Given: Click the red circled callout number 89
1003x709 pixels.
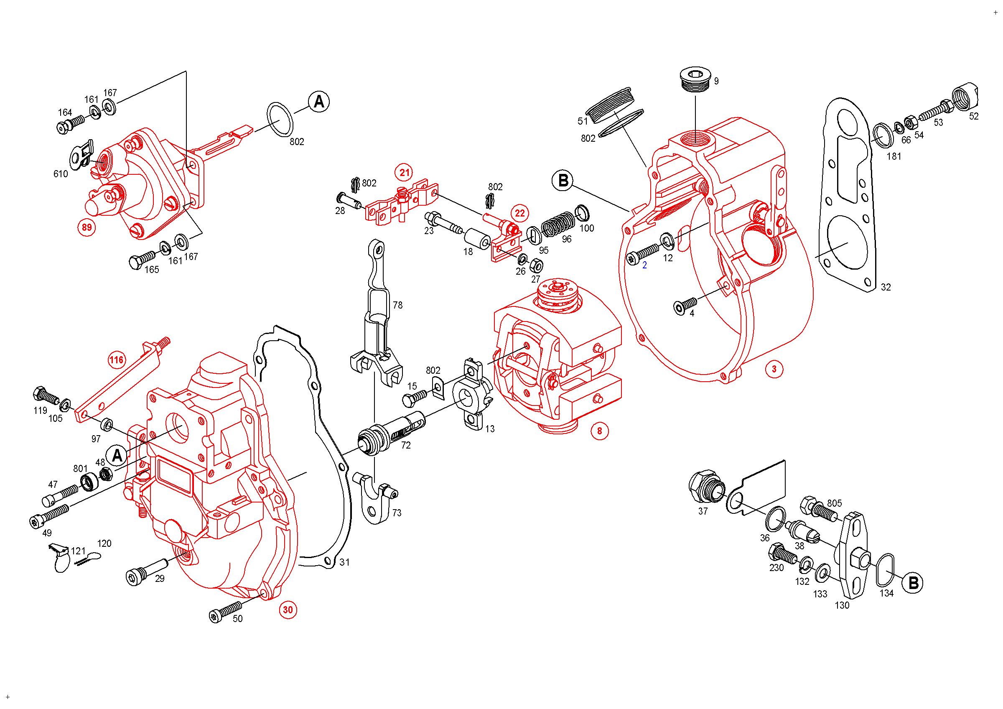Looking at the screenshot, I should click(x=87, y=227).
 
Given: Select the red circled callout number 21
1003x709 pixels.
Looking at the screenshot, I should click(x=405, y=173).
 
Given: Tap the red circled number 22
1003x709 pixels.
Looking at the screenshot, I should click(x=519, y=213).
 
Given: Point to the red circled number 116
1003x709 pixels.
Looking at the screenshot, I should click(x=116, y=360).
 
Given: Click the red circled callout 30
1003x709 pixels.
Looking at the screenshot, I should click(x=288, y=610).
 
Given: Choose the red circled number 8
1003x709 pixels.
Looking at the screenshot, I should click(x=599, y=431).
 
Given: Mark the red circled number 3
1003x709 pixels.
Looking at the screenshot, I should click(x=774, y=369).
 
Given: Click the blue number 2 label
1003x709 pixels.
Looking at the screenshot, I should click(x=644, y=265).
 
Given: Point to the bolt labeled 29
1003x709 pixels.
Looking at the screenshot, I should click(x=144, y=571).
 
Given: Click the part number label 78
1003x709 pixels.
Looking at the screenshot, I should click(x=397, y=305).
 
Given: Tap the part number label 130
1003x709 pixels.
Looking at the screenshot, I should click(x=842, y=605).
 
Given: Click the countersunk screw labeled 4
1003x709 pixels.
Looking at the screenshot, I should click(x=685, y=306).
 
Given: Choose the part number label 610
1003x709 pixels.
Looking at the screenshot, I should click(x=61, y=174).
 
